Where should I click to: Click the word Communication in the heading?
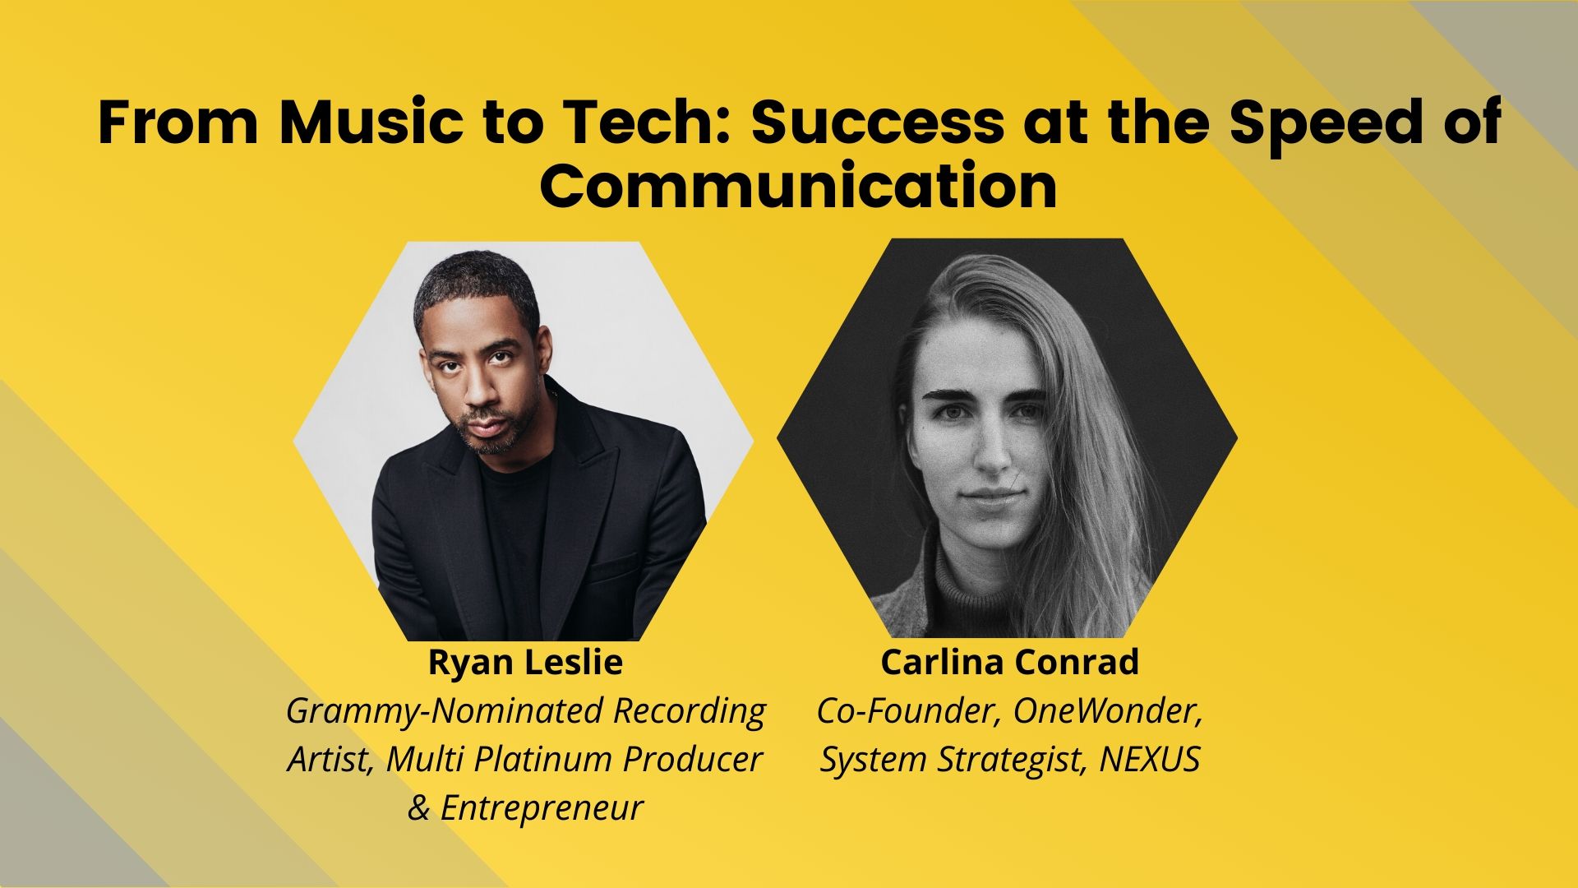798,188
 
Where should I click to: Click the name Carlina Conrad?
1009,663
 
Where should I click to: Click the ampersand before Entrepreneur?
419,807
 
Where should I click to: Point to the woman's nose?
992,448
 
